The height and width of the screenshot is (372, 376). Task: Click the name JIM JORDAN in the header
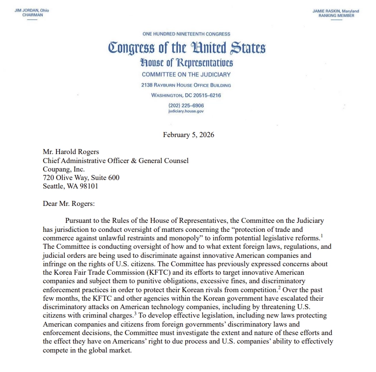coord(26,10)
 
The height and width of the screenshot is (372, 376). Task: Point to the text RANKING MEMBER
coord(337,15)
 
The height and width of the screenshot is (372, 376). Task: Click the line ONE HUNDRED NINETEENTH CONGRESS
coord(186,34)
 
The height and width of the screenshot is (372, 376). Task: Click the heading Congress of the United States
coord(186,48)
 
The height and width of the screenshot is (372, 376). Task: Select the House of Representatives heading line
coord(186,63)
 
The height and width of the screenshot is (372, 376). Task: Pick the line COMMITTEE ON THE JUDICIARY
coord(186,75)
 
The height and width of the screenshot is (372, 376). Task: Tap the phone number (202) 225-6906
coord(186,106)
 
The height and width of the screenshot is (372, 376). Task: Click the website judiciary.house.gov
coord(186,111)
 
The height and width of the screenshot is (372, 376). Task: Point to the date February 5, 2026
coord(188,135)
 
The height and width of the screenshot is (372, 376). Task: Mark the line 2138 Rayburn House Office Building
coord(186,85)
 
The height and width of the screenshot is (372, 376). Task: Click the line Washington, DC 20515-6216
coord(186,95)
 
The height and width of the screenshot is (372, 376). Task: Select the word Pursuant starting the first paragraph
coord(80,220)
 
